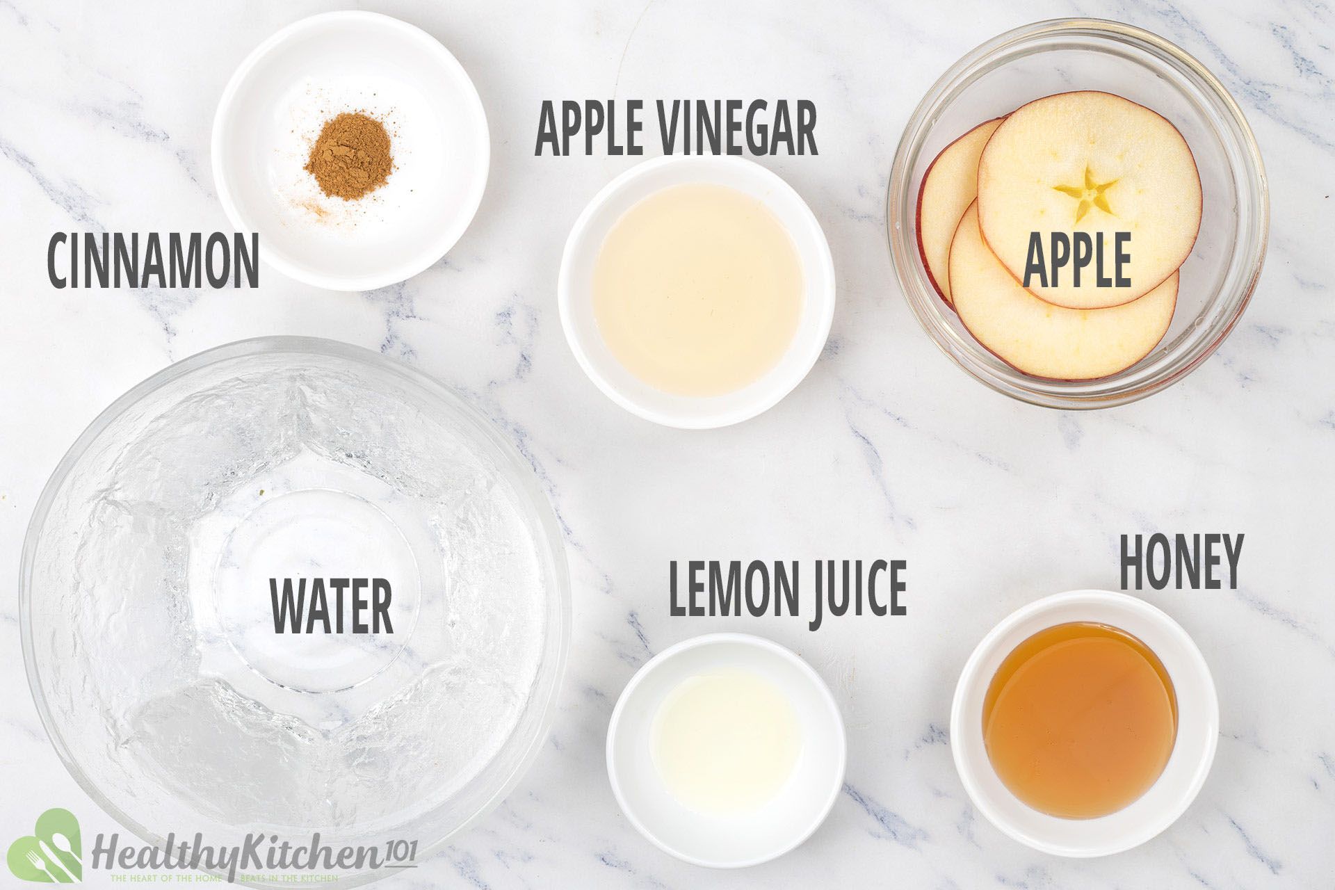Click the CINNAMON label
(x=153, y=261)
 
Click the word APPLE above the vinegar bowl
(x=591, y=131)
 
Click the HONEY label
(x=1180, y=562)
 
